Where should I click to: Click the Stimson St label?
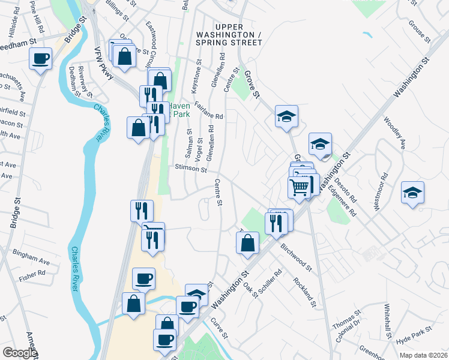tap(191, 169)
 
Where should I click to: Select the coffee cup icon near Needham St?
tap(41, 59)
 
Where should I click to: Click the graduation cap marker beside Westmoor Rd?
tap(412, 193)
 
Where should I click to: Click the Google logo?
tap(20, 353)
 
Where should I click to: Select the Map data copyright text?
tap(424, 355)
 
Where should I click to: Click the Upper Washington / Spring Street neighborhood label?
tap(229, 35)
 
